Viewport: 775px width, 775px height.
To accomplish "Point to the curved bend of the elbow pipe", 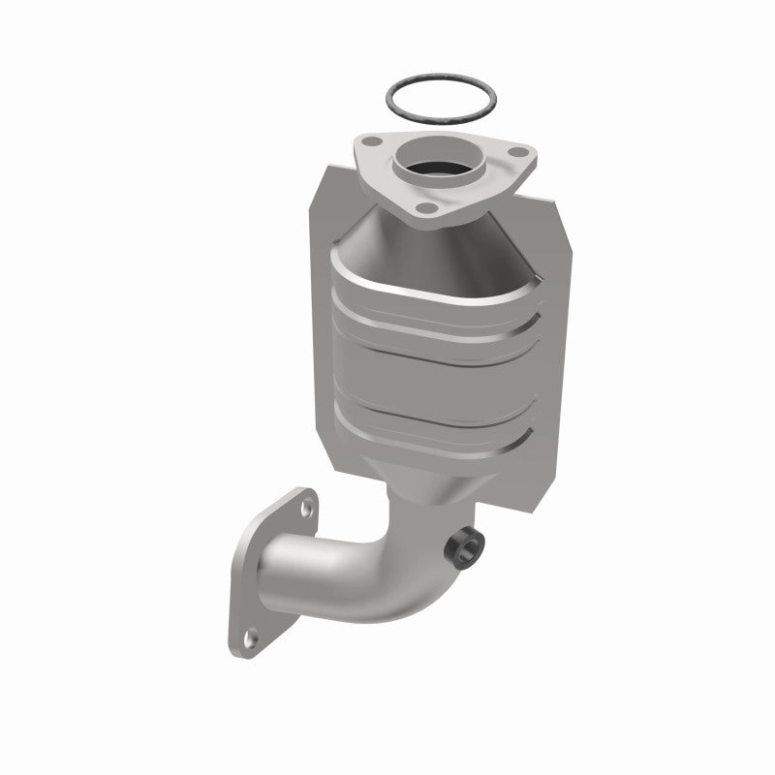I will pos(387,542).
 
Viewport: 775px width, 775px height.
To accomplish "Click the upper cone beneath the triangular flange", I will pos(407,232).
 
